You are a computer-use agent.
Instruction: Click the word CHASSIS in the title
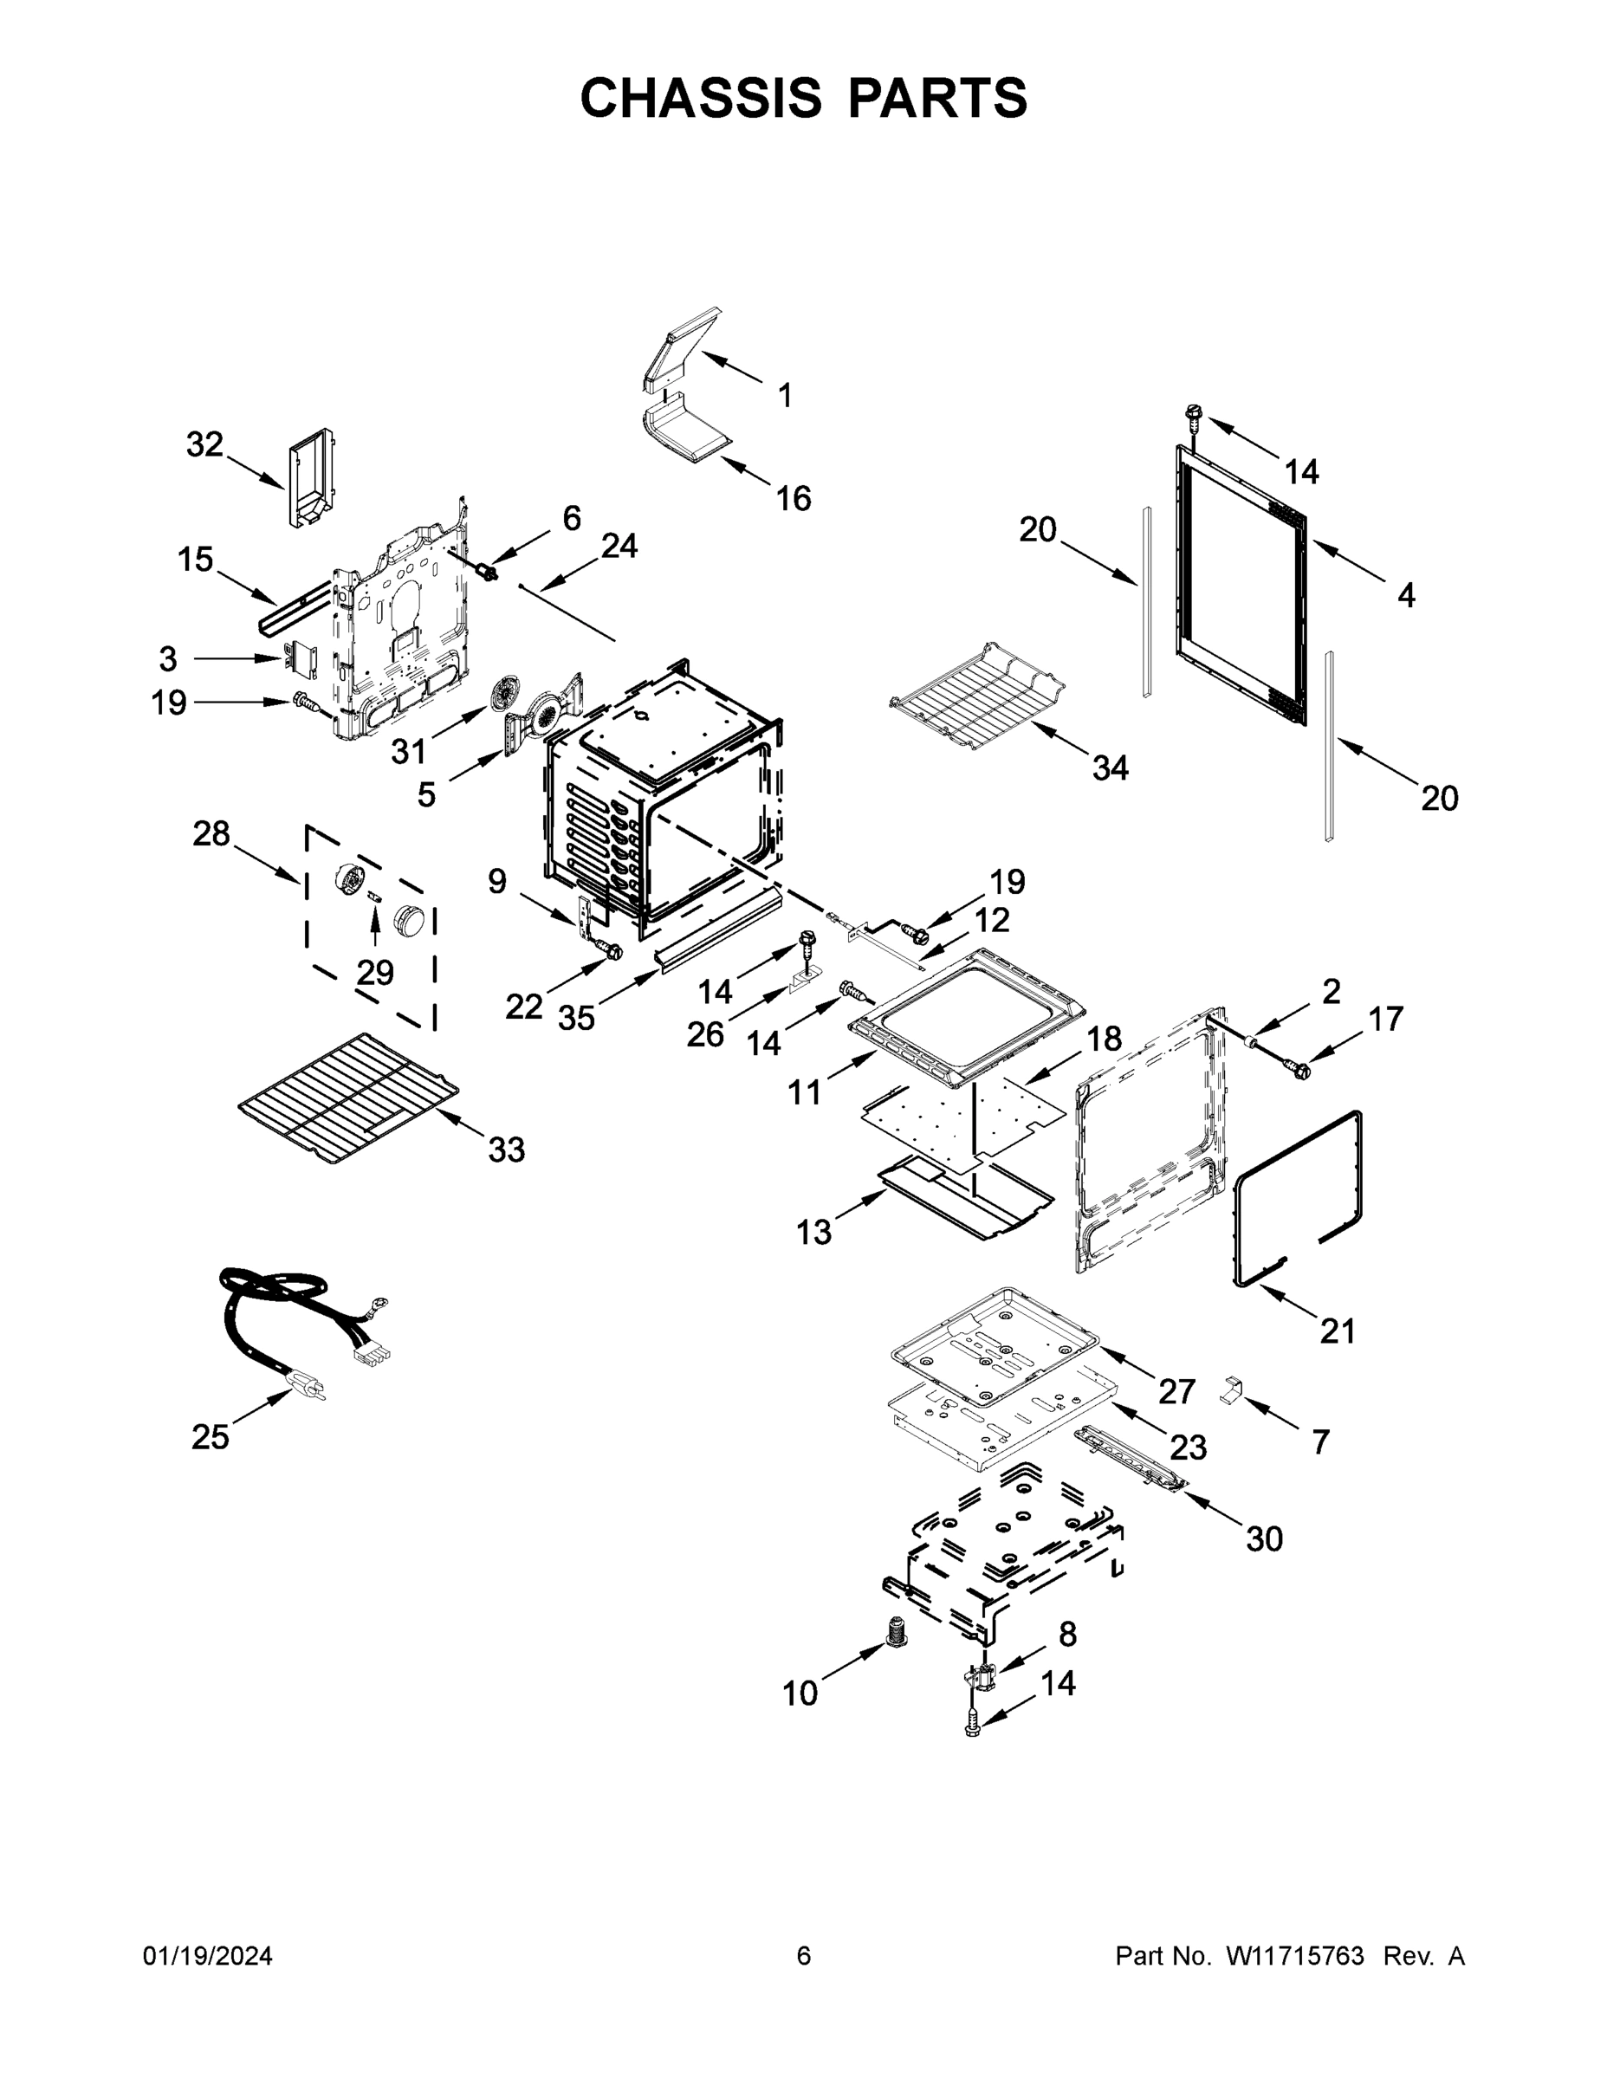[x=701, y=98]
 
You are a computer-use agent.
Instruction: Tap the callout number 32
[x=204, y=444]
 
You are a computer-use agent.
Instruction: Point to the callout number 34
[x=1110, y=767]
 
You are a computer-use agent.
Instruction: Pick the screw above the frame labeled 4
[x=1192, y=415]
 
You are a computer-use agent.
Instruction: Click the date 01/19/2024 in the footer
[x=208, y=1956]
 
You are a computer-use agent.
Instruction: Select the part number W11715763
[x=1295, y=1956]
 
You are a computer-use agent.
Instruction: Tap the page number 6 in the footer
[x=804, y=1956]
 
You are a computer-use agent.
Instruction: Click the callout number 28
[x=211, y=834]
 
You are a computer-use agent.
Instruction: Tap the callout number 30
[x=1264, y=1538]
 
